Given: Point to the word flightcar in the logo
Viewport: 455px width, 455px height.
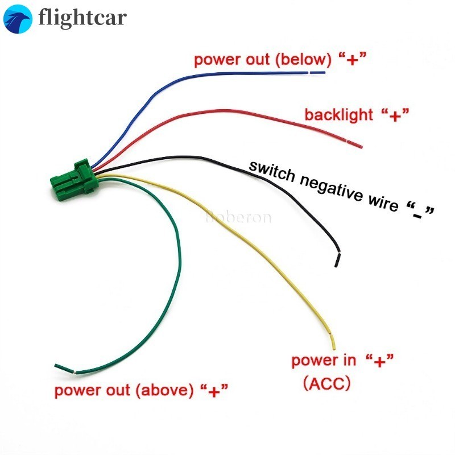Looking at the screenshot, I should [x=82, y=18].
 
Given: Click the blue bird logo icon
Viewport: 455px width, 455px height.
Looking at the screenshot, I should [x=19, y=19].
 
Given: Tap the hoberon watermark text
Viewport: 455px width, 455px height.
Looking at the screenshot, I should [x=238, y=217].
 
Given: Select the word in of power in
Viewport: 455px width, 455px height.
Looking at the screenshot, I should [x=350, y=360].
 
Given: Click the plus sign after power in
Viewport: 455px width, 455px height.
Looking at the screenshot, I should [x=379, y=360].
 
